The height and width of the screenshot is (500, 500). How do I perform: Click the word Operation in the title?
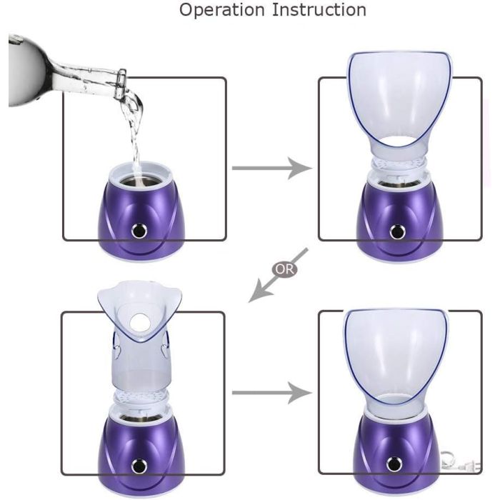[x=222, y=10]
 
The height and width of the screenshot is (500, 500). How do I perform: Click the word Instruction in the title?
[x=319, y=9]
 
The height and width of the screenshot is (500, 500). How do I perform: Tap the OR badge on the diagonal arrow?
[x=284, y=269]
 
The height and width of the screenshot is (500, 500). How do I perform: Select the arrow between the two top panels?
[x=271, y=168]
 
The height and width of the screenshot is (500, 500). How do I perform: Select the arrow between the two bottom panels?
[x=271, y=393]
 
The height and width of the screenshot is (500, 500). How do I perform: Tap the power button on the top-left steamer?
[x=139, y=231]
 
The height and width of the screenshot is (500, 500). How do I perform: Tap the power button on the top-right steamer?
[x=397, y=231]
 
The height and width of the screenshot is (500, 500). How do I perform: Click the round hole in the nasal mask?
[x=140, y=322]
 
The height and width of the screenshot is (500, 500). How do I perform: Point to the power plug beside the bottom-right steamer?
[x=461, y=462]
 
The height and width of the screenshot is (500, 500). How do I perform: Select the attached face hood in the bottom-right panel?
[x=396, y=360]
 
